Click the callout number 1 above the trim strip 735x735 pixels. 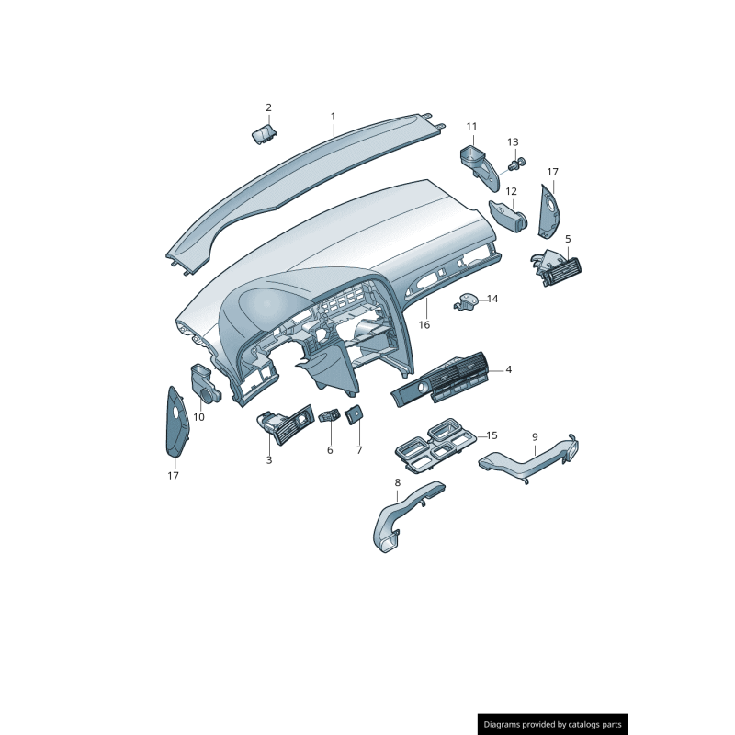click(333, 118)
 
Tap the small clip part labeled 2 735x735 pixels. click(265, 135)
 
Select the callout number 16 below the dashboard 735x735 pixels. click(424, 324)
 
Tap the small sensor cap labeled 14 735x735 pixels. click(469, 300)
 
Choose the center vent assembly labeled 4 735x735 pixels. click(444, 380)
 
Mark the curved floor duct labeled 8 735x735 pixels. click(401, 518)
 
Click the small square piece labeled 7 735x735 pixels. click(355, 416)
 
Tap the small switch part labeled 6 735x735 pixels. click(330, 416)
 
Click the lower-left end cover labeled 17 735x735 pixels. click(175, 423)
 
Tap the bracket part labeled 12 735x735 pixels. click(509, 215)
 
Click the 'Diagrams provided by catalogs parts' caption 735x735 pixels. click(553, 724)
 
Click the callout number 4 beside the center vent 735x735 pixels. click(508, 369)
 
